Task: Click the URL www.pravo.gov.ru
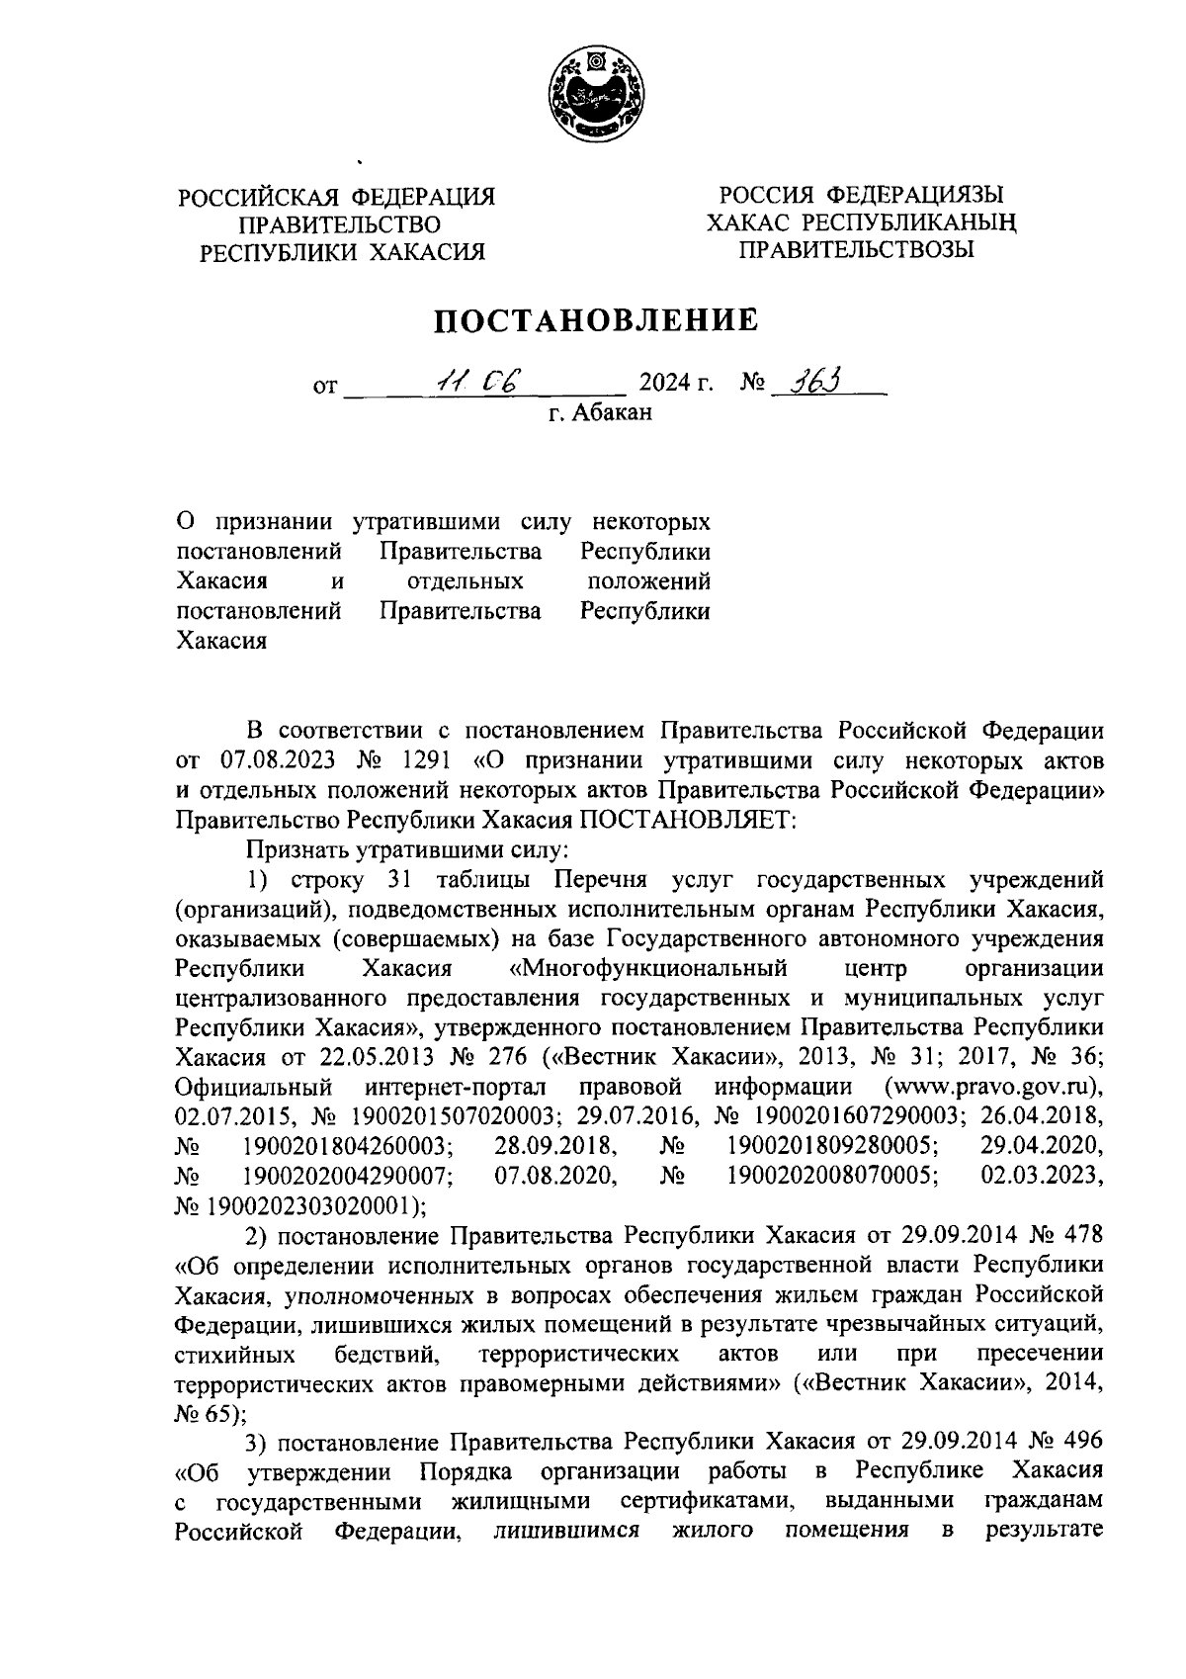[x=992, y=1088]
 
